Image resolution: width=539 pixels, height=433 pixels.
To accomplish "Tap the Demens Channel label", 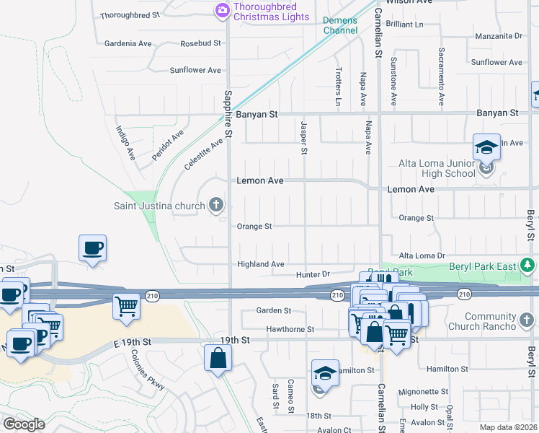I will pyautogui.click(x=340, y=25).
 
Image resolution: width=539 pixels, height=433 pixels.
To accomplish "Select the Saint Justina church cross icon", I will pyautogui.click(x=215, y=206).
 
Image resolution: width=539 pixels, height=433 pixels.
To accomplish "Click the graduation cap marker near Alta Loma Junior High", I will pyautogui.click(x=486, y=148).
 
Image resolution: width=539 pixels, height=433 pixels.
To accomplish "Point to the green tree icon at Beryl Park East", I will pyautogui.click(x=528, y=266).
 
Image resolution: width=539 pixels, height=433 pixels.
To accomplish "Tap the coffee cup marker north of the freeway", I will pyautogui.click(x=93, y=248).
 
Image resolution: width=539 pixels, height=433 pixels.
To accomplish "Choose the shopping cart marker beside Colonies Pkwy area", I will pyautogui.click(x=126, y=306).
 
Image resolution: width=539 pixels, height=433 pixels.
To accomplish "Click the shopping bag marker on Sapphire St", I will pyautogui.click(x=218, y=357).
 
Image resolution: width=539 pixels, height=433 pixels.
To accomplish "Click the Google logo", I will pyautogui.click(x=24, y=424).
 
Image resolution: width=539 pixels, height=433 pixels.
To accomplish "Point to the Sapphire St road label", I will pyautogui.click(x=228, y=114).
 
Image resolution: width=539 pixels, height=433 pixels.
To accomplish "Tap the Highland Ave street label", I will pyautogui.click(x=261, y=265).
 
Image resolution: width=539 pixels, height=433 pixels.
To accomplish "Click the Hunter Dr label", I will pyautogui.click(x=312, y=275).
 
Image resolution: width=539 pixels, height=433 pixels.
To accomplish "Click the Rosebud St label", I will pyautogui.click(x=200, y=43).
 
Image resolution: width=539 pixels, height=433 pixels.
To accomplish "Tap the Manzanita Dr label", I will pyautogui.click(x=498, y=35).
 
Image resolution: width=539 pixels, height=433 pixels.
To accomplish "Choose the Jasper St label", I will pyautogui.click(x=303, y=137).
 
